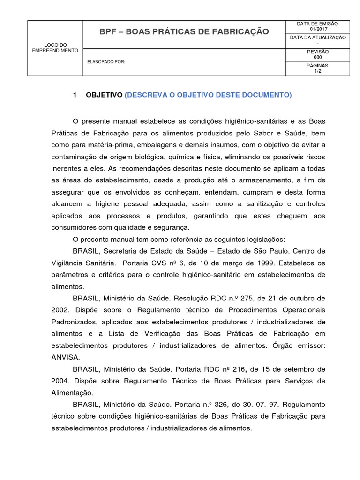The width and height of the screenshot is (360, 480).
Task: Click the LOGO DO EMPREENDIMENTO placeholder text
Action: click(55, 48)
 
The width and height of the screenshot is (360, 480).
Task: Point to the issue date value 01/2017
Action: click(317, 30)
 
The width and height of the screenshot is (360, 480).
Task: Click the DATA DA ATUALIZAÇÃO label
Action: click(317, 37)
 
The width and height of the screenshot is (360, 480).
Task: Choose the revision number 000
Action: click(317, 57)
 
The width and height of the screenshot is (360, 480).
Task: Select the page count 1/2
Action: click(317, 71)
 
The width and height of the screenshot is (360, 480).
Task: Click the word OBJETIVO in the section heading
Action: click(104, 95)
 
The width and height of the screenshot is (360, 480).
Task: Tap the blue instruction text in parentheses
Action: click(208, 95)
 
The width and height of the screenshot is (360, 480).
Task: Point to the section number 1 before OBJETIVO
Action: click(75, 95)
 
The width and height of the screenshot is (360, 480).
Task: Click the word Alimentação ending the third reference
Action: click(72, 392)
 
